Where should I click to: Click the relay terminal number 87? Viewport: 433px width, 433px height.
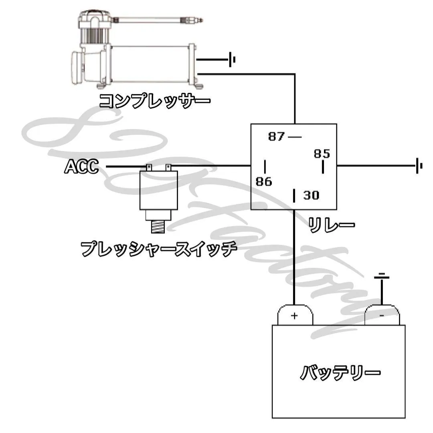pos(276,137)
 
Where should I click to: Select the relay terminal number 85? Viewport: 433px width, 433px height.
pos(322,154)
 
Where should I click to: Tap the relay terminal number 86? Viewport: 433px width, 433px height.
pos(264,182)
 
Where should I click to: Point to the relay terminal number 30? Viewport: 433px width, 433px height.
pos(311,196)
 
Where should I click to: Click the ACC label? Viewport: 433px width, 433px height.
pos(81,166)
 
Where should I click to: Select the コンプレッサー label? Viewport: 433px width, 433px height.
pos(154,100)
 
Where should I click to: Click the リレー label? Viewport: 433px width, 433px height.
pos(331,225)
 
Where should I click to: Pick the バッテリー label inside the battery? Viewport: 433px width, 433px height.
pos(340,374)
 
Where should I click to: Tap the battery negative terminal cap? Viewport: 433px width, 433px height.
pos(382,315)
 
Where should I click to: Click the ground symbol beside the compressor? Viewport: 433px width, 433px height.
pos(232,60)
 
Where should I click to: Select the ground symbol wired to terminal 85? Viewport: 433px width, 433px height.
pos(419,165)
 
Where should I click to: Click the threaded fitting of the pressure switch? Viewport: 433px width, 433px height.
pos(159,227)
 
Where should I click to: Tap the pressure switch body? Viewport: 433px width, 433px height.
pos(159,190)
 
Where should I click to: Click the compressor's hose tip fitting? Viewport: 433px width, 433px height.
pos(196,19)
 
